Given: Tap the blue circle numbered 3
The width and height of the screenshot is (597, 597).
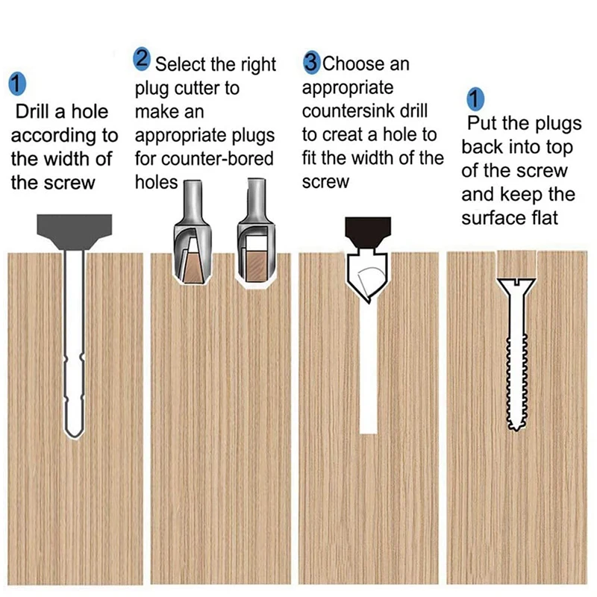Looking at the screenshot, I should click(x=312, y=62).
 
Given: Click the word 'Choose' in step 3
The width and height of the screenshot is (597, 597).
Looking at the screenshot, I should click(x=354, y=64).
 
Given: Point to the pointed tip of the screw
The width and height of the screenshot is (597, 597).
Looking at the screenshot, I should click(x=516, y=428).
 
